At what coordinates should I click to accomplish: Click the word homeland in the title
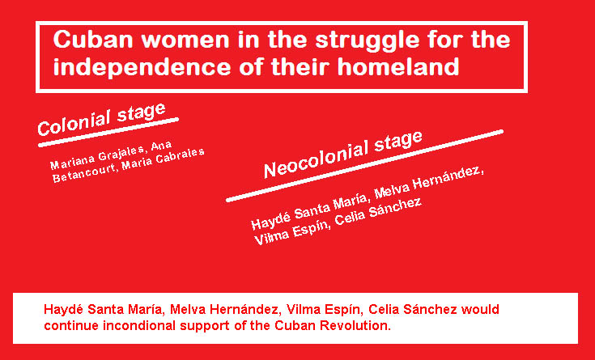tap(398, 66)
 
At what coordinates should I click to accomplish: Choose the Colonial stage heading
tap(102, 119)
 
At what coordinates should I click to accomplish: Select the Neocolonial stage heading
tap(343, 155)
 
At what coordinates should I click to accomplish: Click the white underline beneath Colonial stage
tap(108, 132)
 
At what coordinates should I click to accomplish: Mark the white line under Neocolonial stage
tap(364, 166)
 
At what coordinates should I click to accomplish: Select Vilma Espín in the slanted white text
tap(291, 232)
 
